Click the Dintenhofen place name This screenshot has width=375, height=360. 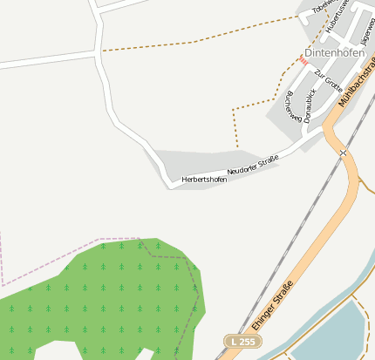(x=334, y=52)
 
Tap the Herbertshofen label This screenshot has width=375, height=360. (x=204, y=180)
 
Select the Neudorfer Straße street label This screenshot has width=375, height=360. (x=253, y=164)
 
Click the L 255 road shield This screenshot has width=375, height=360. (x=241, y=342)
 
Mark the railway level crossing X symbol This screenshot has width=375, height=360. (x=344, y=153)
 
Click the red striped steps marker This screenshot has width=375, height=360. (x=303, y=59)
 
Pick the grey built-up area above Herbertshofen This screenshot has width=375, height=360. (x=196, y=161)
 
